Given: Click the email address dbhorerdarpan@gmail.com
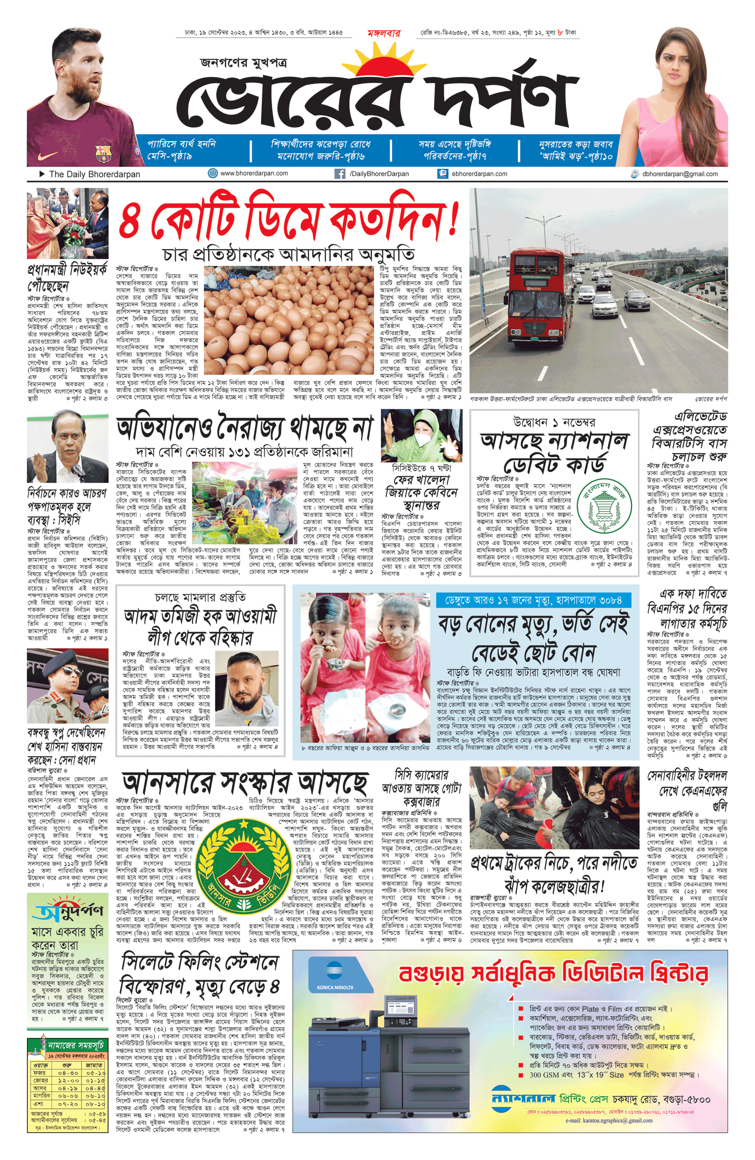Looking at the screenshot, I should (x=679, y=173).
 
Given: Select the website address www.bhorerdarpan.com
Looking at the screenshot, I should (x=254, y=173).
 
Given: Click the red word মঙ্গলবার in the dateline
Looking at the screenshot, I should (x=384, y=33).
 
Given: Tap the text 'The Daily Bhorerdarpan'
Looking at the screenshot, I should (x=94, y=174).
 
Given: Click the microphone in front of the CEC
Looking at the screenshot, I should (x=78, y=470).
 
